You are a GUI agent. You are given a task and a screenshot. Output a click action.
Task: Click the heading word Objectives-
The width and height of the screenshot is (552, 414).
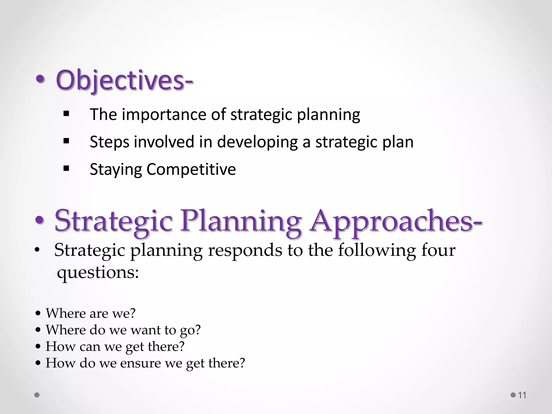[124, 80]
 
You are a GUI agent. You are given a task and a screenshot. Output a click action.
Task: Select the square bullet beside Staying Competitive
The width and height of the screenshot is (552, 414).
[66, 169]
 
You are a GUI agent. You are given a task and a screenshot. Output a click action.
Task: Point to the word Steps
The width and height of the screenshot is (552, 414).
[109, 142]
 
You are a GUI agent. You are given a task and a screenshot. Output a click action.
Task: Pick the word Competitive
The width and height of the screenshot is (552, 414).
[191, 169]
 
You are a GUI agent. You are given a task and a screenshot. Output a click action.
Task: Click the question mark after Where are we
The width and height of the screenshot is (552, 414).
[132, 313]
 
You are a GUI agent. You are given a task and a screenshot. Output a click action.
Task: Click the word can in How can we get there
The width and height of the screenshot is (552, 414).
[90, 347]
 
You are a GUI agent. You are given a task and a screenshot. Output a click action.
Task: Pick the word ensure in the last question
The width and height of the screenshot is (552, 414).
[140, 363]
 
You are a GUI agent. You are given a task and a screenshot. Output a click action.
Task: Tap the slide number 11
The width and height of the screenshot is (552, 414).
[522, 395]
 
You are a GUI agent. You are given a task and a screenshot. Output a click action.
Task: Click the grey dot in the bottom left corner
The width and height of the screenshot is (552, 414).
[37, 395]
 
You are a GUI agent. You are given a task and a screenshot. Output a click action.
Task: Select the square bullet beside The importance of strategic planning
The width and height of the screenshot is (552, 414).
[66, 114]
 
